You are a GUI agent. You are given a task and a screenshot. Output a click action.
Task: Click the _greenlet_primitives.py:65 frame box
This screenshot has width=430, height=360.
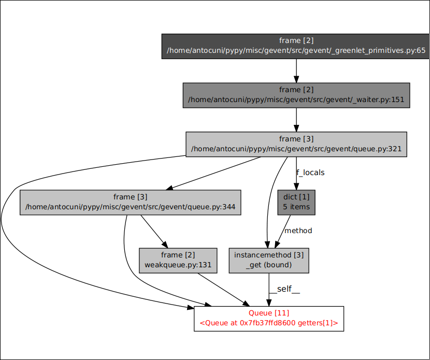(x=296, y=46)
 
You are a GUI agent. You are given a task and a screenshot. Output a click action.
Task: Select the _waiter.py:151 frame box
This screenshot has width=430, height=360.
(x=296, y=95)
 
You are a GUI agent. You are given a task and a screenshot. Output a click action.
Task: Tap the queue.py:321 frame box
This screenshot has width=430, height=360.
(x=296, y=144)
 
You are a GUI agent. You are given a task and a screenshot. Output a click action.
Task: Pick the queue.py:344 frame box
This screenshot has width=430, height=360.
(x=131, y=202)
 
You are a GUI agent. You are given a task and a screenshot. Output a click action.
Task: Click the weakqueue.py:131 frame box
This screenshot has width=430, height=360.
(x=178, y=260)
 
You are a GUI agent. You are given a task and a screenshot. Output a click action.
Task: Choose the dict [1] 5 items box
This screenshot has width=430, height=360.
(x=296, y=202)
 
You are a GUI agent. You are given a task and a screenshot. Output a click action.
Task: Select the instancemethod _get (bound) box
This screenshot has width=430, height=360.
(x=269, y=260)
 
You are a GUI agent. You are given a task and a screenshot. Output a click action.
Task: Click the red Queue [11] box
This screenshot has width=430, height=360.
(x=268, y=318)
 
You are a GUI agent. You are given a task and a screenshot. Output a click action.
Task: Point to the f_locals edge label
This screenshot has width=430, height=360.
(x=310, y=172)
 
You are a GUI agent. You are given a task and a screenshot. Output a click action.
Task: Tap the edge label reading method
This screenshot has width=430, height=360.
(x=298, y=231)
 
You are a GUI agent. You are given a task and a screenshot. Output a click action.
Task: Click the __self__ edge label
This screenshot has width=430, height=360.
(x=284, y=289)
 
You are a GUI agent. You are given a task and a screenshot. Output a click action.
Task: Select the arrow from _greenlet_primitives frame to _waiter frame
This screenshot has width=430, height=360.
(x=296, y=70)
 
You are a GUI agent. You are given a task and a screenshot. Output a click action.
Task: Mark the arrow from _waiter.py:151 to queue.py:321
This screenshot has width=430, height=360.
(x=296, y=120)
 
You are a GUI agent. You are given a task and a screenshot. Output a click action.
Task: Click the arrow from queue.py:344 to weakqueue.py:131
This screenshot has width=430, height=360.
(x=154, y=231)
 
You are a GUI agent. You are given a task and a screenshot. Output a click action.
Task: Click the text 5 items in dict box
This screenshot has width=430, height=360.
(x=296, y=207)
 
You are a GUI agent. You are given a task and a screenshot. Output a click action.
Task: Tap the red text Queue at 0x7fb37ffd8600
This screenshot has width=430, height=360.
(x=268, y=323)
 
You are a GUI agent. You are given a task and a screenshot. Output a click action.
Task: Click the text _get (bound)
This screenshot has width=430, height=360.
(x=269, y=265)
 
